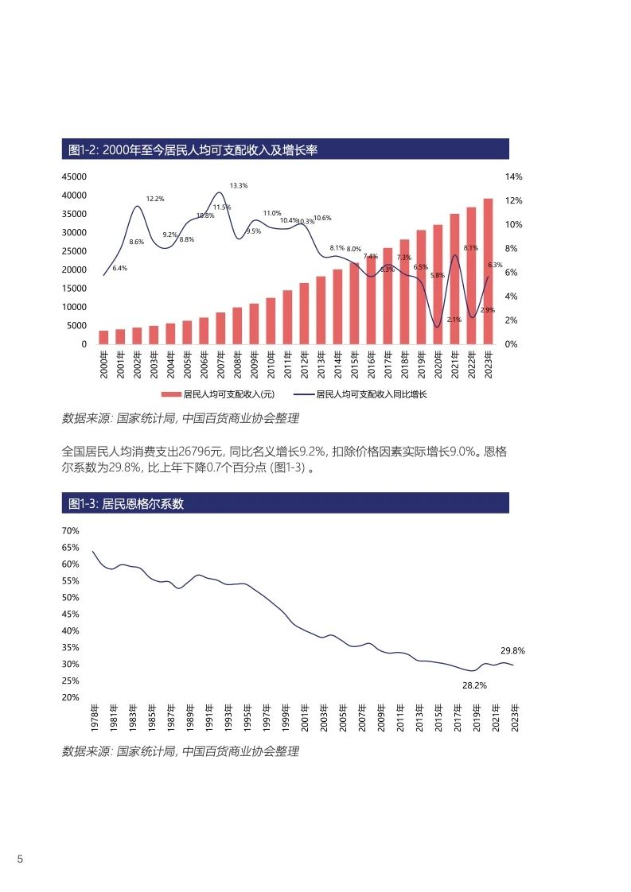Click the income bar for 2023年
pyautogui.click(x=488, y=271)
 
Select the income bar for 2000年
pyautogui.click(x=103, y=337)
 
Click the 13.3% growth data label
pyautogui.click(x=239, y=185)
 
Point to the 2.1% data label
pyautogui.click(x=454, y=320)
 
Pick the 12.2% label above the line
pyautogui.click(x=155, y=199)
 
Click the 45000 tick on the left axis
pyautogui.click(x=75, y=176)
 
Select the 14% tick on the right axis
pyautogui.click(x=513, y=176)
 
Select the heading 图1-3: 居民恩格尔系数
pyautogui.click(x=127, y=503)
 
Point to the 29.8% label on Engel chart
pyautogui.click(x=512, y=650)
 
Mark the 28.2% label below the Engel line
pyautogui.click(x=474, y=685)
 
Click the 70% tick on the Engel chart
pyautogui.click(x=70, y=530)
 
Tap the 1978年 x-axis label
pyautogui.click(x=95, y=718)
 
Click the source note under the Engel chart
pyautogui.click(x=181, y=750)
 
